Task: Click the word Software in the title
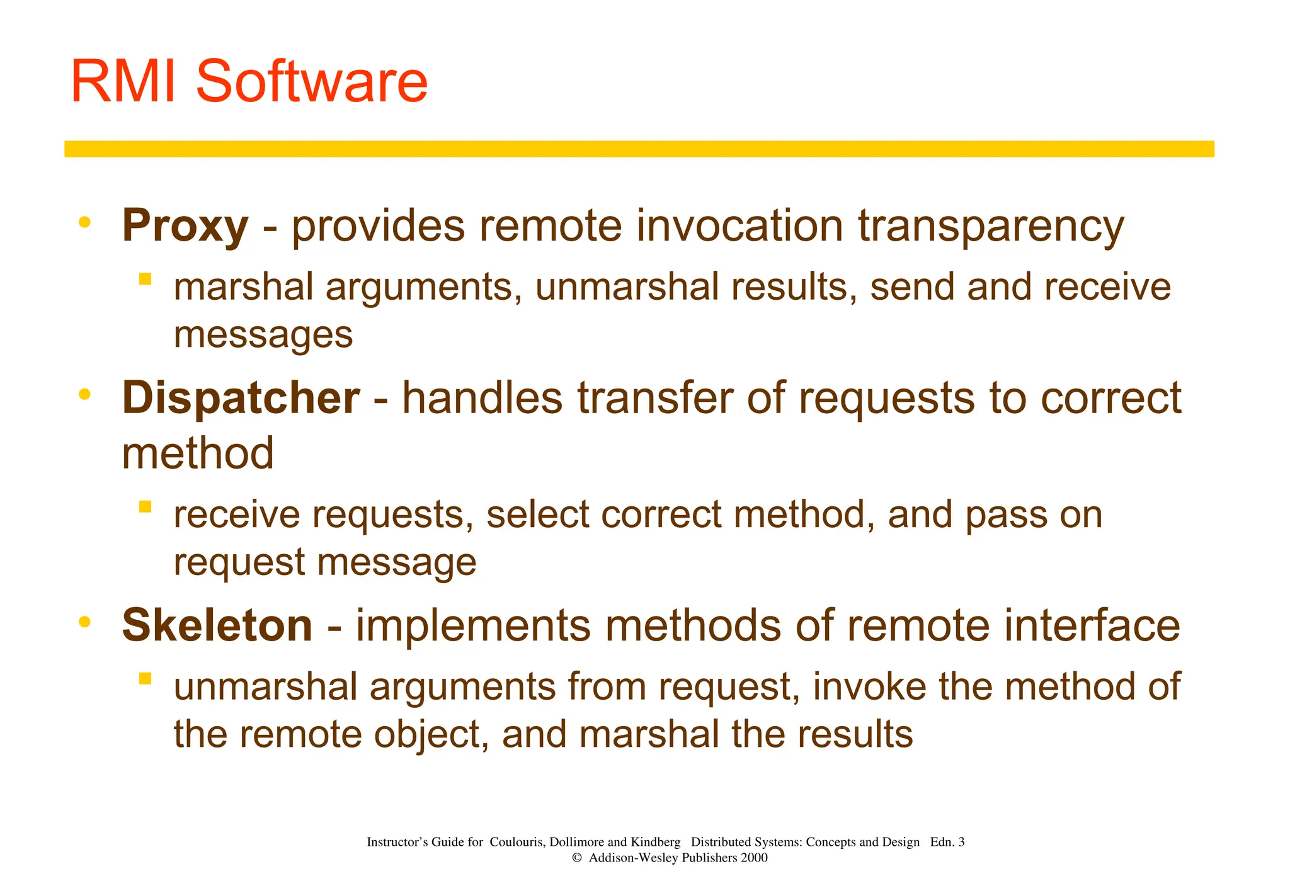click(x=312, y=82)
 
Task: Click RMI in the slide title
click(x=123, y=82)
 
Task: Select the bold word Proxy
click(x=185, y=227)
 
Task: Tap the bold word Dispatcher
click(x=241, y=399)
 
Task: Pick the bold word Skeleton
click(x=217, y=626)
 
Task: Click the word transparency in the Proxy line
click(x=991, y=227)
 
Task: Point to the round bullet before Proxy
click(x=84, y=222)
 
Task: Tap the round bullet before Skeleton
click(x=84, y=622)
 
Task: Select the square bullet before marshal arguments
click(x=146, y=279)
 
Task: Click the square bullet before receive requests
click(x=146, y=506)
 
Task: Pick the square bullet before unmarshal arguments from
click(x=146, y=678)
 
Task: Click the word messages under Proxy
click(x=263, y=335)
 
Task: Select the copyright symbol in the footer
click(x=576, y=858)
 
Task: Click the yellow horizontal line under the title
click(x=639, y=149)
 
